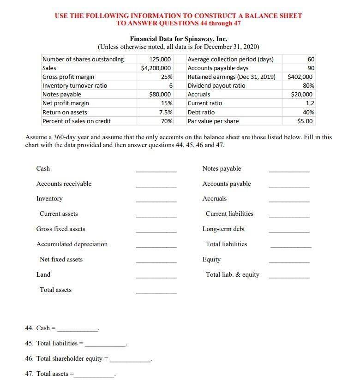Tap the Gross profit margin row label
tap(68, 77)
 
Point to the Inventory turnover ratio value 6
tap(171, 85)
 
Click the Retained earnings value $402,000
tap(300, 77)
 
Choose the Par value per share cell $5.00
tap(305, 121)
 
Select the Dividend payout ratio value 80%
tap(308, 85)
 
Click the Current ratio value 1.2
tap(310, 103)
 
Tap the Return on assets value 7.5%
tap(166, 112)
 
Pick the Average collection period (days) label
tap(230, 59)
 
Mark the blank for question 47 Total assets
tap(95, 376)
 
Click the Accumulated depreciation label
tap(72, 244)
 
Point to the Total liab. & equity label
tap(232, 274)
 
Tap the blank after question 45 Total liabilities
tap(105, 345)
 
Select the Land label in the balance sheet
tap(43, 274)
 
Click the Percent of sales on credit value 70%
tap(167, 121)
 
